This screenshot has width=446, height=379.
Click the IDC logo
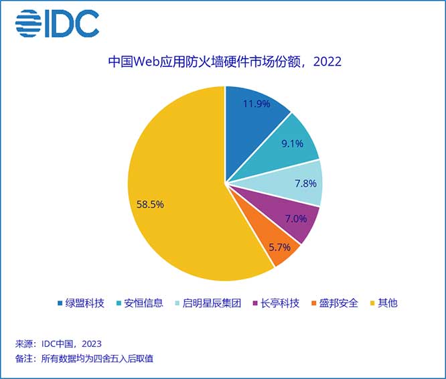coord(57,24)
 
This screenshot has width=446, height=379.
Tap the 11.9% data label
coord(256,104)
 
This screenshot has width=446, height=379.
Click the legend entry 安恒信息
coord(143,303)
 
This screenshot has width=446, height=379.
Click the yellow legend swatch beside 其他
coord(372,303)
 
